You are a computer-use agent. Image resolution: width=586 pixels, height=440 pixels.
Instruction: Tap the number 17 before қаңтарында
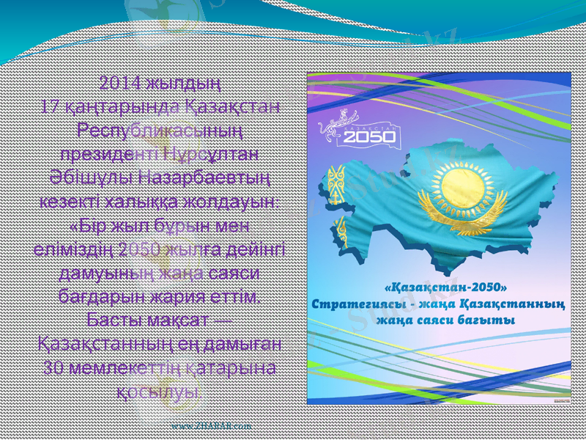coord(51,107)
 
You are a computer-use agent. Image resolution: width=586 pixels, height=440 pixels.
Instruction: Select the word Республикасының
coord(160,132)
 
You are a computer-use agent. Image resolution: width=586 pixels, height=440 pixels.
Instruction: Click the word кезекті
coord(72,202)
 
